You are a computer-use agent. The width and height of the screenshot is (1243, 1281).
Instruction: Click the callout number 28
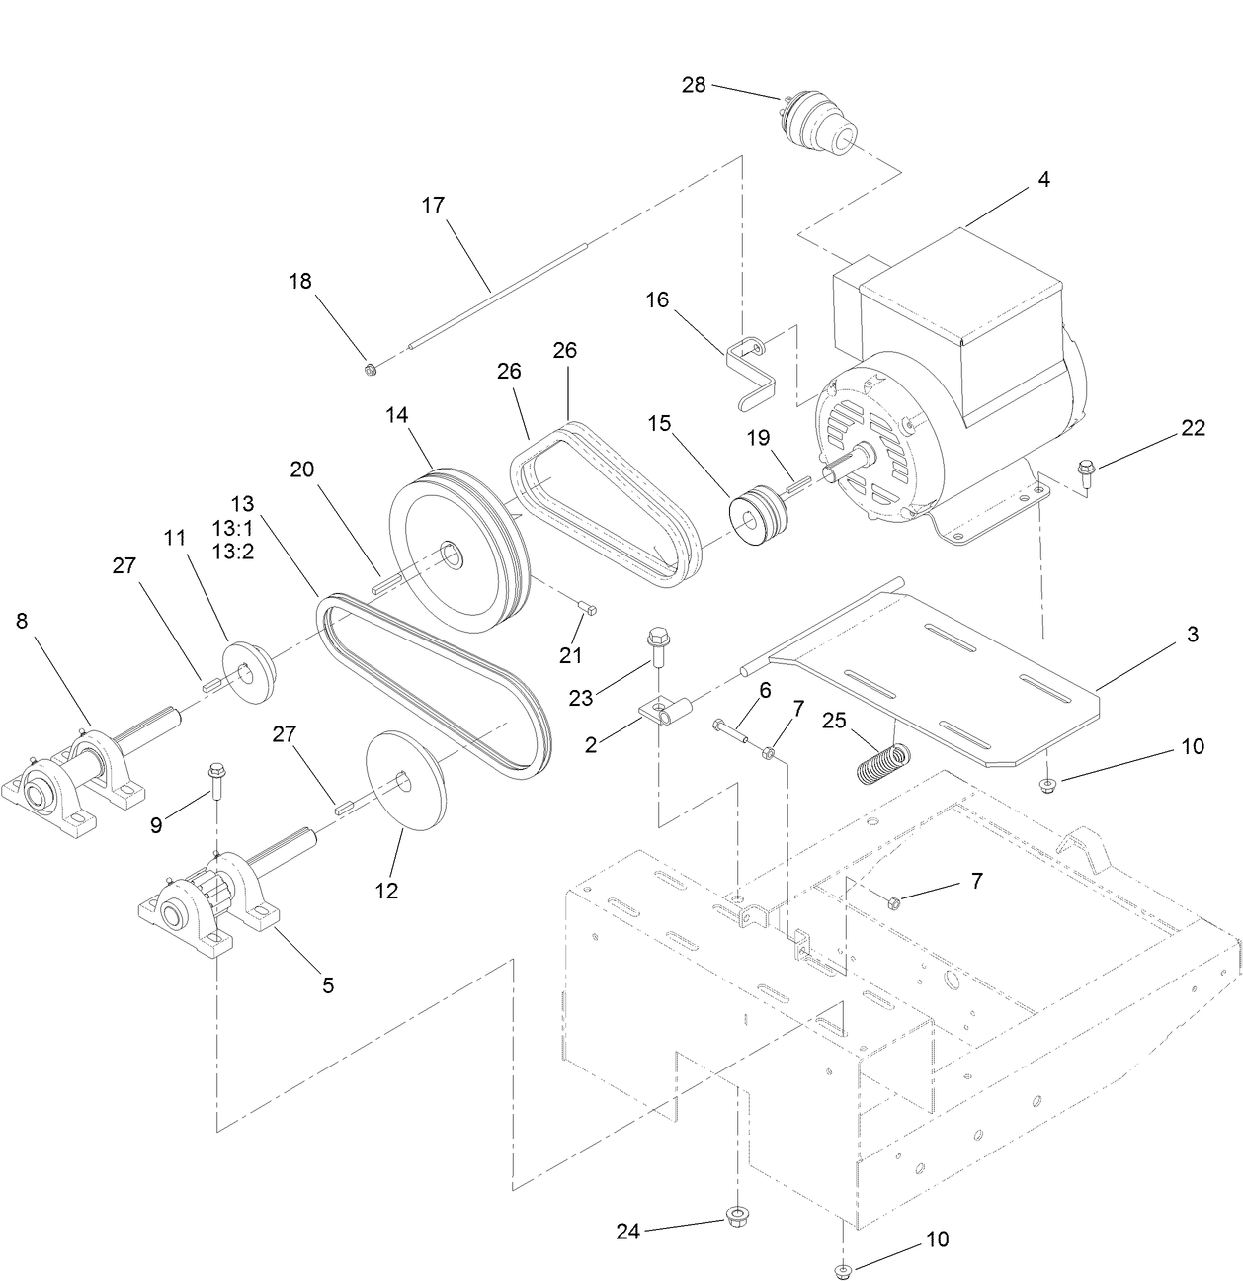click(x=694, y=85)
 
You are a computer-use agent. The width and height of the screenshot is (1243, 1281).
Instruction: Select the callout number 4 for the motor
click(x=1043, y=180)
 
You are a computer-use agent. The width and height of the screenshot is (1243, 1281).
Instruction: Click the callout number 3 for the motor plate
click(x=1192, y=635)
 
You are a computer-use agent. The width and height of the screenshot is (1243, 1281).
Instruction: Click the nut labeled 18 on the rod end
click(x=370, y=370)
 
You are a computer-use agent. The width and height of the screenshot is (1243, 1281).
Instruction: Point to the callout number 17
click(x=433, y=206)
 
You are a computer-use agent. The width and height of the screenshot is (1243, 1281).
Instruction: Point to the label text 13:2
click(x=233, y=551)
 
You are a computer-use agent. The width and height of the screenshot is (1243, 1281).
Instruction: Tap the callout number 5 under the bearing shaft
click(x=328, y=984)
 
